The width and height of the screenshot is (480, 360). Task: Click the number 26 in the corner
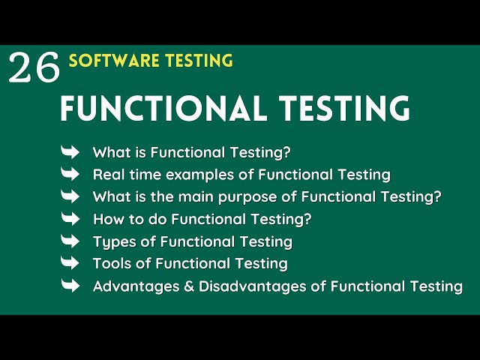click(34, 68)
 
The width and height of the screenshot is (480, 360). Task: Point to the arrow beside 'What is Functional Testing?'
click(70, 152)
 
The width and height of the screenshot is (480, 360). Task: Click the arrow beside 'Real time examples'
click(70, 175)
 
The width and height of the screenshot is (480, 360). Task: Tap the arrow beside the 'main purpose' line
click(70, 196)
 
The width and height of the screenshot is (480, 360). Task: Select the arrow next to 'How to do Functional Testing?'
click(70, 219)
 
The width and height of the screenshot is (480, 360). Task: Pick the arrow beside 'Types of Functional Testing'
click(70, 241)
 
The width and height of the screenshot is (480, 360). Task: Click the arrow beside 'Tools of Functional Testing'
click(70, 263)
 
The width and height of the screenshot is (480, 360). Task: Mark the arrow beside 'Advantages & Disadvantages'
click(70, 286)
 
